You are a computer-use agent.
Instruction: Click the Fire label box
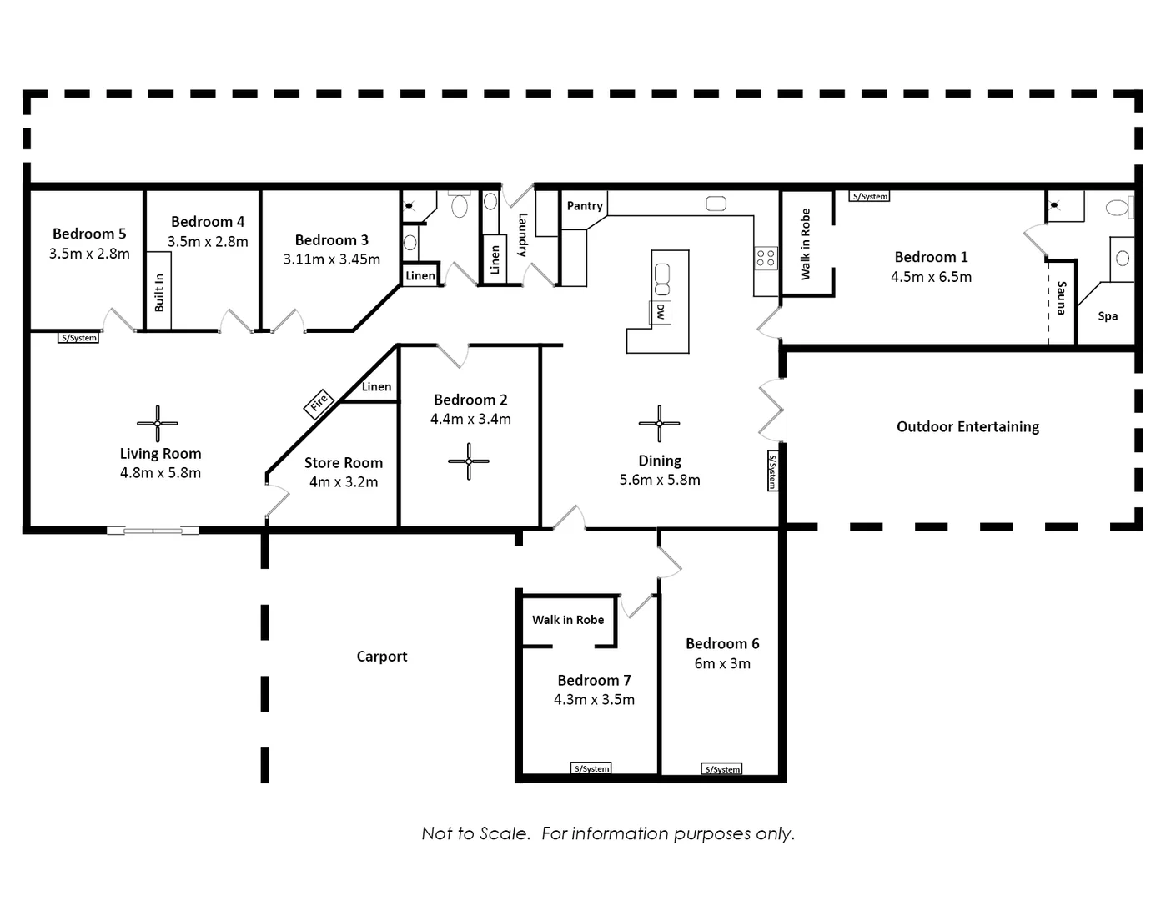pyautogui.click(x=319, y=404)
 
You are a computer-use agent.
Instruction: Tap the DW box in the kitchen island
pyautogui.click(x=660, y=312)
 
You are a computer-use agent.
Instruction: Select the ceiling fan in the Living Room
pyautogui.click(x=157, y=423)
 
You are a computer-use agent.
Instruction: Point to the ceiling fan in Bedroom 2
pyautogui.click(x=469, y=461)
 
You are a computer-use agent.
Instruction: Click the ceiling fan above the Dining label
pyautogui.click(x=659, y=423)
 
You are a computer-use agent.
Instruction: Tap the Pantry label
pyautogui.click(x=585, y=206)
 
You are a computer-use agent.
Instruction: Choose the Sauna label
pyautogui.click(x=1061, y=298)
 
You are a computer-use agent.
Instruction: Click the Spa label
pyautogui.click(x=1108, y=316)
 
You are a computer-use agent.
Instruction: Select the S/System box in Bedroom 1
pyautogui.click(x=870, y=197)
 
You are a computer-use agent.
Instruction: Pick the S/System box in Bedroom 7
pyautogui.click(x=591, y=768)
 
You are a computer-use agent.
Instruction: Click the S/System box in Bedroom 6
pyautogui.click(x=721, y=769)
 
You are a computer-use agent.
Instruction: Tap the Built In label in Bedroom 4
pyautogui.click(x=159, y=293)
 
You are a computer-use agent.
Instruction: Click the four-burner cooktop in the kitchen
pyautogui.click(x=766, y=258)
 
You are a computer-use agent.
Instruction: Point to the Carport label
pyautogui.click(x=382, y=657)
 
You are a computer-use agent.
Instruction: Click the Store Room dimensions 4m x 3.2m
pyautogui.click(x=344, y=482)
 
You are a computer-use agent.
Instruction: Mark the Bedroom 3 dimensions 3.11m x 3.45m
pyautogui.click(x=332, y=259)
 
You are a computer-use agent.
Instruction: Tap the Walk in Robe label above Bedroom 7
pyautogui.click(x=568, y=620)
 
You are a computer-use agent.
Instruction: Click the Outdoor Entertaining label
pyautogui.click(x=967, y=427)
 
